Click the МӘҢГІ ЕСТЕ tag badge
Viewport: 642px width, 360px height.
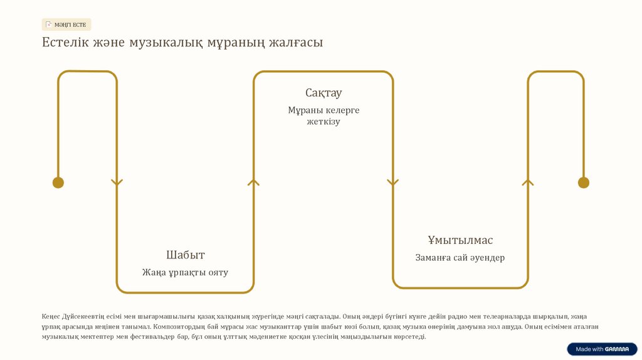point(66,24)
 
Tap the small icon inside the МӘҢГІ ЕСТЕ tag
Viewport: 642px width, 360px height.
point(49,24)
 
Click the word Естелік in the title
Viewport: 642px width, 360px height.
point(65,43)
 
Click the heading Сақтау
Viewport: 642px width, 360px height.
point(324,93)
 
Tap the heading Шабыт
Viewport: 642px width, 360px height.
point(185,255)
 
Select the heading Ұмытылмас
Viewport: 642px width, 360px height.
point(460,240)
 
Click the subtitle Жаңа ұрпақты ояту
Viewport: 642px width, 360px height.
point(185,272)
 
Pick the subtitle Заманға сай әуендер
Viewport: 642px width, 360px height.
point(460,257)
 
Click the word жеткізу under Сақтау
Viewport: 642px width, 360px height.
point(324,121)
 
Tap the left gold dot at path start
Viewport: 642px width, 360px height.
point(58,183)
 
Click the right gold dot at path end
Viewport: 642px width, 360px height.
point(583,183)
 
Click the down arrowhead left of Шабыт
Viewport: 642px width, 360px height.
point(117,183)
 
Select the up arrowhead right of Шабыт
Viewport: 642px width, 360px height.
point(253,183)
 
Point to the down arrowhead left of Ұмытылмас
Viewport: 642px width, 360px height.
point(392,183)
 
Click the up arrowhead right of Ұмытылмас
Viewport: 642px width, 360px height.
point(528,183)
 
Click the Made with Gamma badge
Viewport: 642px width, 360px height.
point(602,349)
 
